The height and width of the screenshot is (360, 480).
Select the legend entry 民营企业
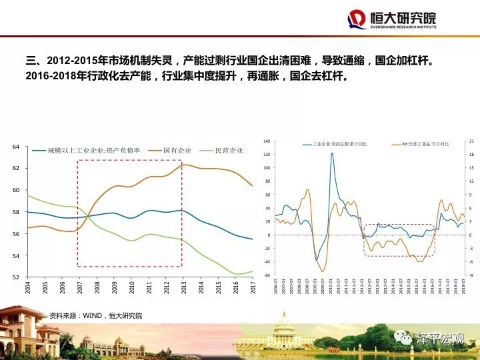pyautogui.click(x=227, y=151)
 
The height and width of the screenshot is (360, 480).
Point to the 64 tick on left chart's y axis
pyautogui.click(x=18, y=147)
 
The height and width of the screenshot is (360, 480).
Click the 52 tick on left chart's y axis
pyautogui.click(x=18, y=277)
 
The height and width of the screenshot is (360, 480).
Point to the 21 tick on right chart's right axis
pyautogui.click(x=471, y=141)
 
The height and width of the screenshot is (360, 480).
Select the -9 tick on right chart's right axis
pyautogui.click(x=471, y=275)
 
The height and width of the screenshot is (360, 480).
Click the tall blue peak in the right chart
pyautogui.click(x=332, y=154)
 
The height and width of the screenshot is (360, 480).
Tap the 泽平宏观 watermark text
pyautogui.click(x=439, y=337)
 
